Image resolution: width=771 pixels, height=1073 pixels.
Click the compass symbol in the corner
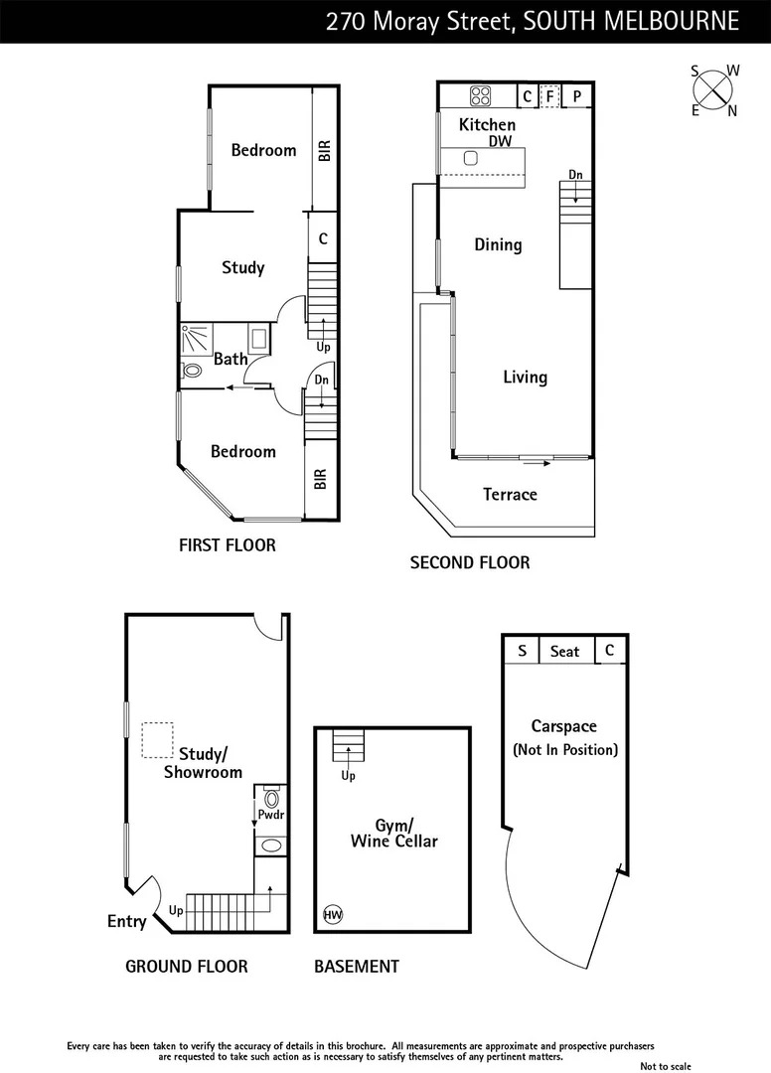click(x=714, y=89)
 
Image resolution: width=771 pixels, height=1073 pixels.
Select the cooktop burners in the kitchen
click(x=481, y=96)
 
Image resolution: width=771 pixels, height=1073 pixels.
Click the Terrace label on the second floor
click(x=510, y=494)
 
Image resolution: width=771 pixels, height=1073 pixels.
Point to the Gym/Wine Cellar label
click(x=393, y=834)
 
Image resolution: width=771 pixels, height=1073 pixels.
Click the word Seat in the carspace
click(x=564, y=651)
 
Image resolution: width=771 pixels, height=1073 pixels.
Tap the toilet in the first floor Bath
click(x=192, y=370)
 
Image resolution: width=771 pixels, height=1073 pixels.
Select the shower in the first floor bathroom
click(x=196, y=339)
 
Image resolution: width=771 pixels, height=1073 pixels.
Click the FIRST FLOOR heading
click(x=227, y=544)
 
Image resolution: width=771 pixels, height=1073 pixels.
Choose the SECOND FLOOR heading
click(x=470, y=562)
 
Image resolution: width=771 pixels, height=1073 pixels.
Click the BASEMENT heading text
click(x=357, y=966)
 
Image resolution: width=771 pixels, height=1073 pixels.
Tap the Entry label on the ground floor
click(x=126, y=922)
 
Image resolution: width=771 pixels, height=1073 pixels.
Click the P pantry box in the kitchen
click(x=576, y=96)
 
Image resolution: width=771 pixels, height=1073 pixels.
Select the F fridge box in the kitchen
click(x=549, y=96)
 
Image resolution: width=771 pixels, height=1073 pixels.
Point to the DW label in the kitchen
click(x=499, y=142)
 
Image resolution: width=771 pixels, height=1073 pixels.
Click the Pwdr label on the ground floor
click(x=271, y=815)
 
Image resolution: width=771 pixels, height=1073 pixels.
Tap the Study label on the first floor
click(x=243, y=267)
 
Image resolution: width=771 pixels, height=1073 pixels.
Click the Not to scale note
click(x=665, y=1066)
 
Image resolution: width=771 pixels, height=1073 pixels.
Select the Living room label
click(x=525, y=377)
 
